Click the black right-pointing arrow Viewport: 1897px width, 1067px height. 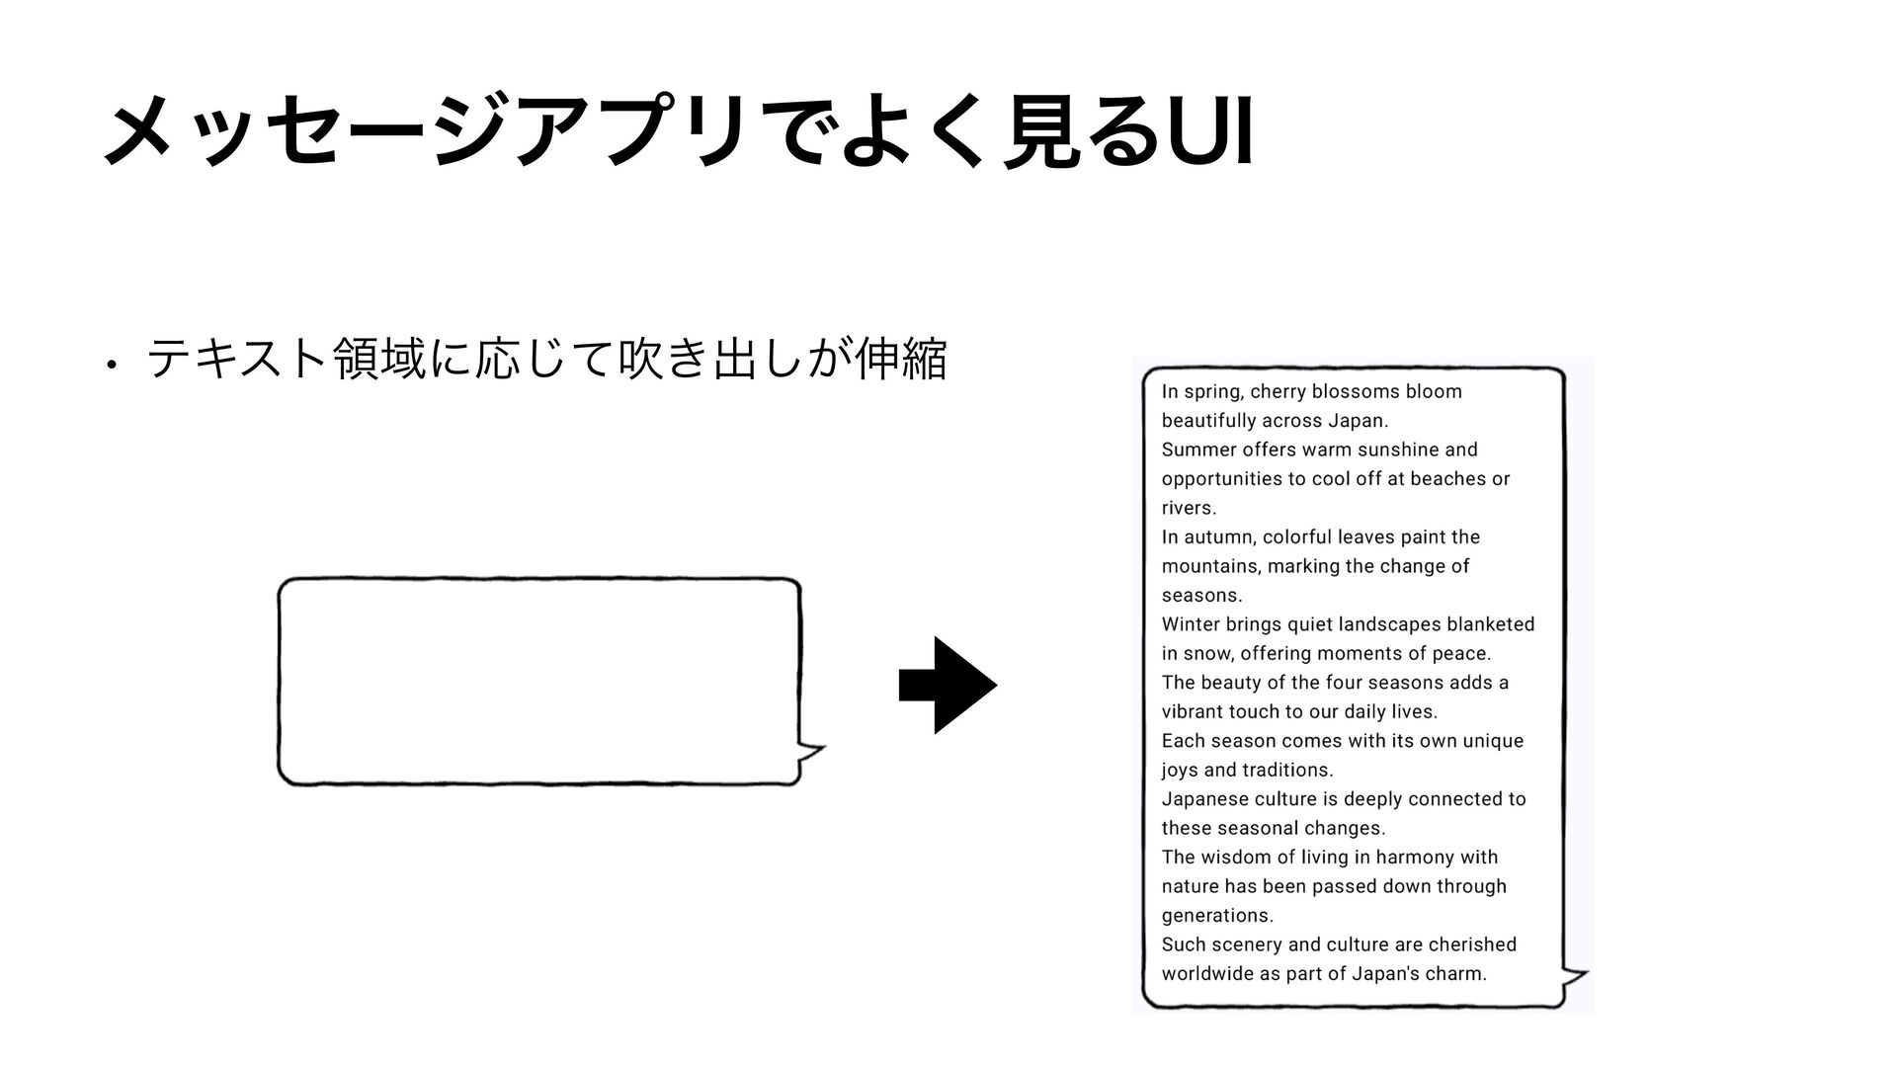948,685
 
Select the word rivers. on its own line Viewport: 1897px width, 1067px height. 1189,509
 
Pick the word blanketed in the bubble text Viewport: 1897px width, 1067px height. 1490,624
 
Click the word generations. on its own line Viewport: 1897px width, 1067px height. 1217,916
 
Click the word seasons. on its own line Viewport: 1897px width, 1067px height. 1201,596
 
